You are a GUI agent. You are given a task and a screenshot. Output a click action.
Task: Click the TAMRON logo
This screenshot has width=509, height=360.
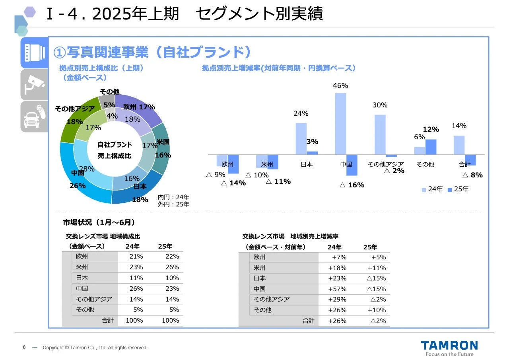449,345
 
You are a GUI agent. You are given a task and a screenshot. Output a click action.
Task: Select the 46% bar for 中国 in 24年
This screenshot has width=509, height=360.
341,124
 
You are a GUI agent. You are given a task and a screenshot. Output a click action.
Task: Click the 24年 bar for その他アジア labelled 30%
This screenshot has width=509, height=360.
380,134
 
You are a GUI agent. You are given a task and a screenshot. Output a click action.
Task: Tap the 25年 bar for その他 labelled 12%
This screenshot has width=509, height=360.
431,147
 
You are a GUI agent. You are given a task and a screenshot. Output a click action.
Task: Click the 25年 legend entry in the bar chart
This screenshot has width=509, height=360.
458,189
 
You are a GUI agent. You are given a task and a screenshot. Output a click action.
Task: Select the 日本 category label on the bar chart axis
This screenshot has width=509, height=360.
307,164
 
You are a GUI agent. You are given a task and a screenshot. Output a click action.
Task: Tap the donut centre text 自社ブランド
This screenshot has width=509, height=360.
115,145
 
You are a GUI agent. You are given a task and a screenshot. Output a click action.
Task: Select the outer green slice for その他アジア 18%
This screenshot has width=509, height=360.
76,119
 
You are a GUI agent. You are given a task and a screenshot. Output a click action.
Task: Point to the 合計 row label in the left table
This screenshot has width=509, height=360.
107,320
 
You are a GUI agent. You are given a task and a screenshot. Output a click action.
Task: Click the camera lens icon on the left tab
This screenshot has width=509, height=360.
34,53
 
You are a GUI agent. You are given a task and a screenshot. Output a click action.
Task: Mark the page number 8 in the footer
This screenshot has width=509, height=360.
24,347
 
